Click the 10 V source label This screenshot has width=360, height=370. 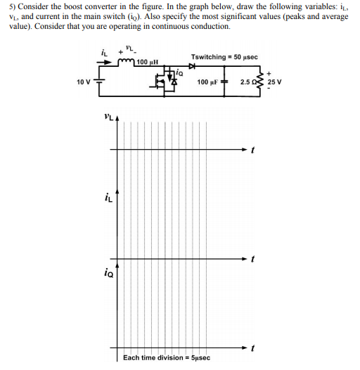84,82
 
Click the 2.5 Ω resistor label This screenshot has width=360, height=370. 250,82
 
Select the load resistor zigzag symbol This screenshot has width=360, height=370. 264,82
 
